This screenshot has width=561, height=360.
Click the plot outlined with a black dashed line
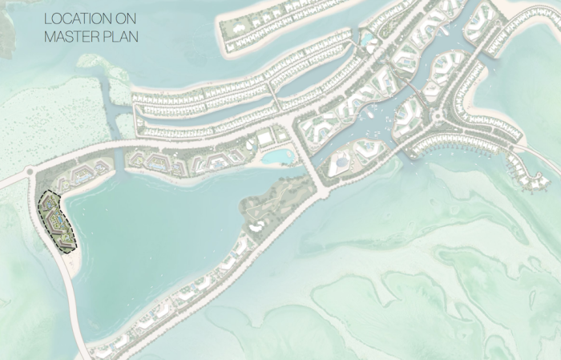click(x=57, y=221)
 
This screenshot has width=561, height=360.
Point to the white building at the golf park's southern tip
click(x=256, y=229)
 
